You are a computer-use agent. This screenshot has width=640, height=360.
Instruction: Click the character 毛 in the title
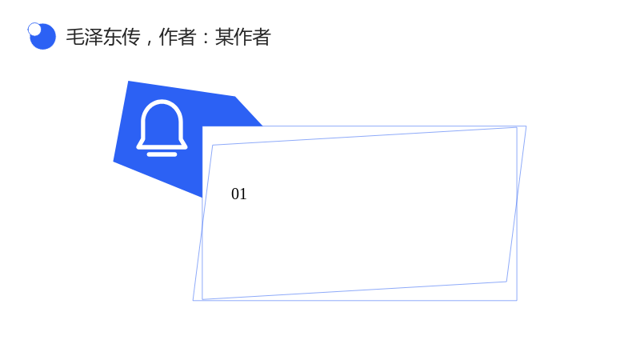coord(75,37)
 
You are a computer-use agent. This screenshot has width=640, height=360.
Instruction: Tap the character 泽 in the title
coord(94,37)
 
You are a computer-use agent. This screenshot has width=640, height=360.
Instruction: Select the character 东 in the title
coord(112,37)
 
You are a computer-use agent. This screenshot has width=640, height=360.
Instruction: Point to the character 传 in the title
coord(131,37)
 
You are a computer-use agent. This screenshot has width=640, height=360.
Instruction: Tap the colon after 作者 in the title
coord(206,37)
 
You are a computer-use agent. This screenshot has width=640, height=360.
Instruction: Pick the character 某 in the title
coord(224,37)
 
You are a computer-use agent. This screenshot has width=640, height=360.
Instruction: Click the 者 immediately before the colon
coord(187,37)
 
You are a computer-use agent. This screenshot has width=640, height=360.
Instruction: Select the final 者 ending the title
coord(262,37)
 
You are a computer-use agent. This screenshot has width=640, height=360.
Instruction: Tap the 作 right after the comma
coord(168,37)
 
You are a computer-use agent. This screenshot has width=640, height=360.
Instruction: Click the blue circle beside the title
coord(43,37)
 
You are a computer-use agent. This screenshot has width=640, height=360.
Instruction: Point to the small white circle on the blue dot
coord(34,29)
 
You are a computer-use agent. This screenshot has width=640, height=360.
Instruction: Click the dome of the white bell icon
coord(162,122)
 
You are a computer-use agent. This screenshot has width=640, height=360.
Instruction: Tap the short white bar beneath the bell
coord(162,154)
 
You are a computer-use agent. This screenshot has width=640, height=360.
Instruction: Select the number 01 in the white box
coord(238,194)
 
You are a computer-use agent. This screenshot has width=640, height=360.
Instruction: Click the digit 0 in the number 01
coord(235,194)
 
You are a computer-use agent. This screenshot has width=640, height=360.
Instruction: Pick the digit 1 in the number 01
coord(243,194)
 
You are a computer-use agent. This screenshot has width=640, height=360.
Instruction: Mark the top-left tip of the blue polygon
coord(129,82)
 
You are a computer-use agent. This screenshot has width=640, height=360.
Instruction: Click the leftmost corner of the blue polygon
coord(114,162)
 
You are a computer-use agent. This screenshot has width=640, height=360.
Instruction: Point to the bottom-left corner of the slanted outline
coord(193,301)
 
